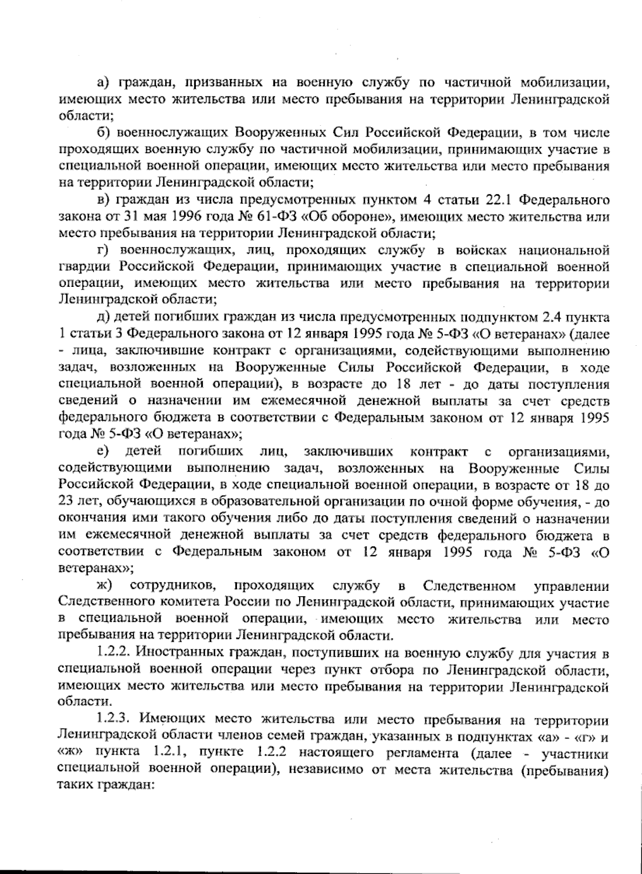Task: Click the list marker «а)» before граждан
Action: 103,83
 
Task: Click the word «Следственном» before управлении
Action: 469,586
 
